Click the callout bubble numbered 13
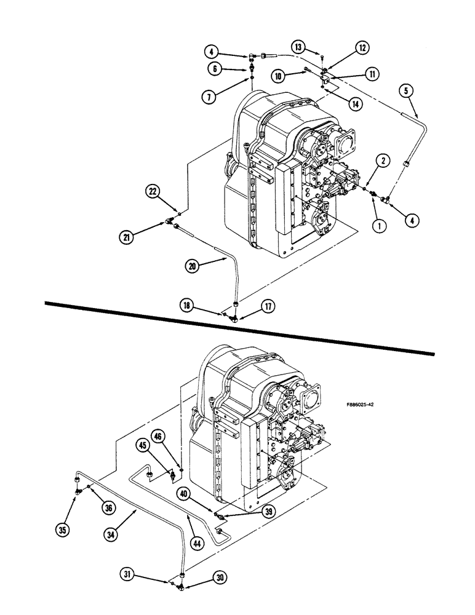click(298, 47)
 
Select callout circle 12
click(362, 47)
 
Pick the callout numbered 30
click(220, 577)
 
